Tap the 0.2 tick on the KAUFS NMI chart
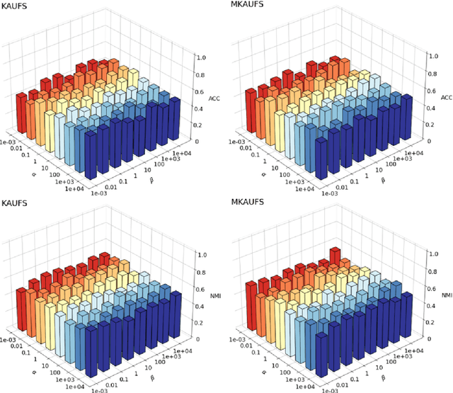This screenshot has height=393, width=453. click(x=202, y=322)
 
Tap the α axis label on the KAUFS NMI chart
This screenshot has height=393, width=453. click(x=31, y=367)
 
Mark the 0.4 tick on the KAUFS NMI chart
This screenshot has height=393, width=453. click(x=202, y=305)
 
